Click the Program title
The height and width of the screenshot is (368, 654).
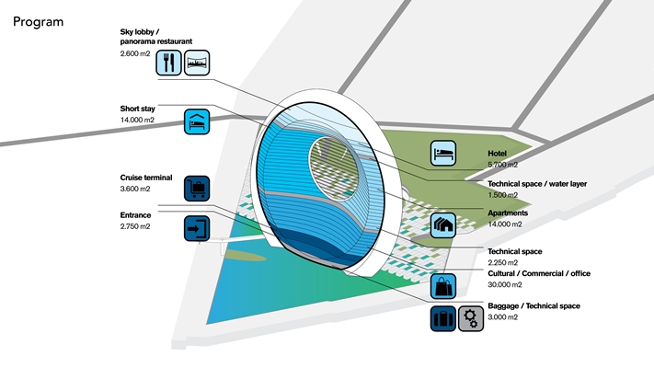[x=39, y=21]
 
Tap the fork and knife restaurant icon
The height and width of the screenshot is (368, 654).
[x=168, y=63]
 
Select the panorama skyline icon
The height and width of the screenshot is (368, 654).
[x=198, y=63]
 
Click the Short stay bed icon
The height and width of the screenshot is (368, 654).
[x=198, y=121]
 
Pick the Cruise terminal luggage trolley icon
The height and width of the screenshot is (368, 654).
[x=198, y=189]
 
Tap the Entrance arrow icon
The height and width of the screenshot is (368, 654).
[x=198, y=227]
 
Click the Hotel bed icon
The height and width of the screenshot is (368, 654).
[x=443, y=153]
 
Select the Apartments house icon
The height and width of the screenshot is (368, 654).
[x=443, y=224]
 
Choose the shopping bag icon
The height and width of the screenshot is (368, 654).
[x=443, y=285]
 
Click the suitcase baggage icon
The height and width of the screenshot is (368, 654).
[x=443, y=319]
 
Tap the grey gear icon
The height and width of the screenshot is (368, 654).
[x=471, y=319]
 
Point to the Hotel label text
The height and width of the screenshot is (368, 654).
[x=497, y=153]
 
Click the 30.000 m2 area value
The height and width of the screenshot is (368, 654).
[x=505, y=285]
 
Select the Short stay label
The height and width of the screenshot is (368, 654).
[x=137, y=108]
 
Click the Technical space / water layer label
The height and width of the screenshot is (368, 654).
[x=536, y=184]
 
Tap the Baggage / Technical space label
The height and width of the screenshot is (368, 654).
[x=534, y=305]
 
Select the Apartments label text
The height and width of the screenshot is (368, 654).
[x=508, y=212]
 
